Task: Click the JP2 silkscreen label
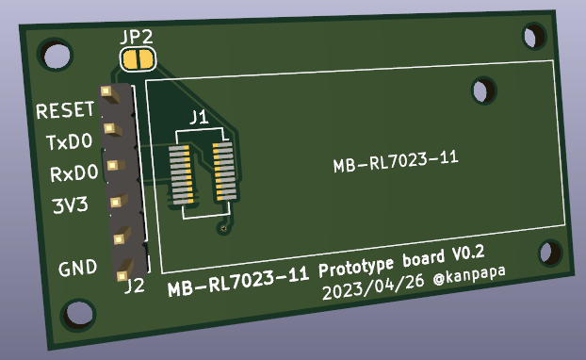[138, 38]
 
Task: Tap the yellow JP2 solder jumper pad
[138, 60]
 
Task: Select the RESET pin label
[65, 111]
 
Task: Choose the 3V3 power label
[70, 205]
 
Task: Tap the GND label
[78, 269]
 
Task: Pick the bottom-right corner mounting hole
[547, 253]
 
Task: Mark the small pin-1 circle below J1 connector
[222, 228]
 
